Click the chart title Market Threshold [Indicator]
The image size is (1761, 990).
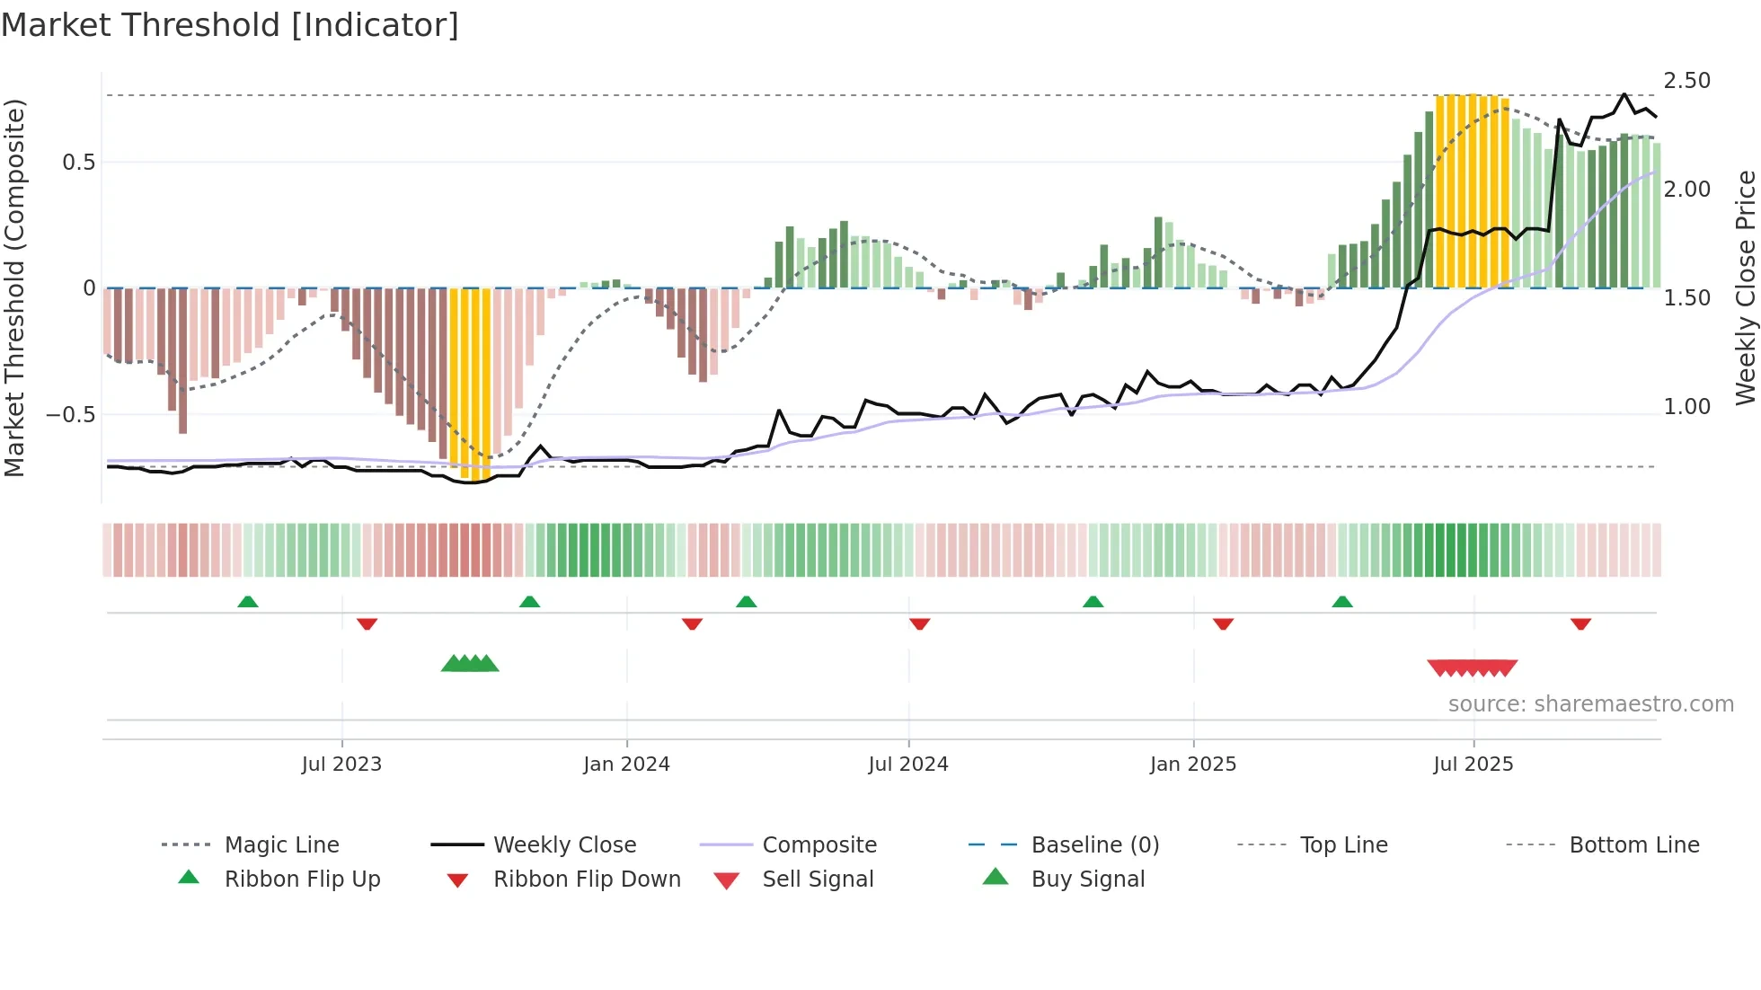coord(230,25)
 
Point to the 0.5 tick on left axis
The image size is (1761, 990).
coord(79,163)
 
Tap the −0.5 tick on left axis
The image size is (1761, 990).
coord(71,415)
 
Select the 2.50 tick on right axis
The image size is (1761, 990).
coord(1686,81)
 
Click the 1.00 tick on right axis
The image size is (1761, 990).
coord(1686,407)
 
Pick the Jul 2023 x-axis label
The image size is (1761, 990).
coord(341,765)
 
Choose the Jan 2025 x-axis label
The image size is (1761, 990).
coord(1192,765)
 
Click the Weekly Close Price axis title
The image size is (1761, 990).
coord(1745,287)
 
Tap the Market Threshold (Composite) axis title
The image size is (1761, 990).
coord(14,287)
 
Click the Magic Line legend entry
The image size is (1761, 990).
coord(281,845)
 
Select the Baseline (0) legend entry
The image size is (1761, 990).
coord(1094,845)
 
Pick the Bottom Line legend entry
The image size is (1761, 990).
coord(1633,845)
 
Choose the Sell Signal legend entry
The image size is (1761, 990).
coord(817,880)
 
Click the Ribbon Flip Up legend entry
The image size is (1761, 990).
coord(302,880)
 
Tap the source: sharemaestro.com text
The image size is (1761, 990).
coord(1590,704)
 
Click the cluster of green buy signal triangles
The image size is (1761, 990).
coord(470,664)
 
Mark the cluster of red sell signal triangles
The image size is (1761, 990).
coord(1472,667)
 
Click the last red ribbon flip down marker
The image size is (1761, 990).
coord(1580,623)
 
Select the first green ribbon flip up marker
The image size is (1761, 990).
coord(248,602)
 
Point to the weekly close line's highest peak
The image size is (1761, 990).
coord(1624,94)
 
